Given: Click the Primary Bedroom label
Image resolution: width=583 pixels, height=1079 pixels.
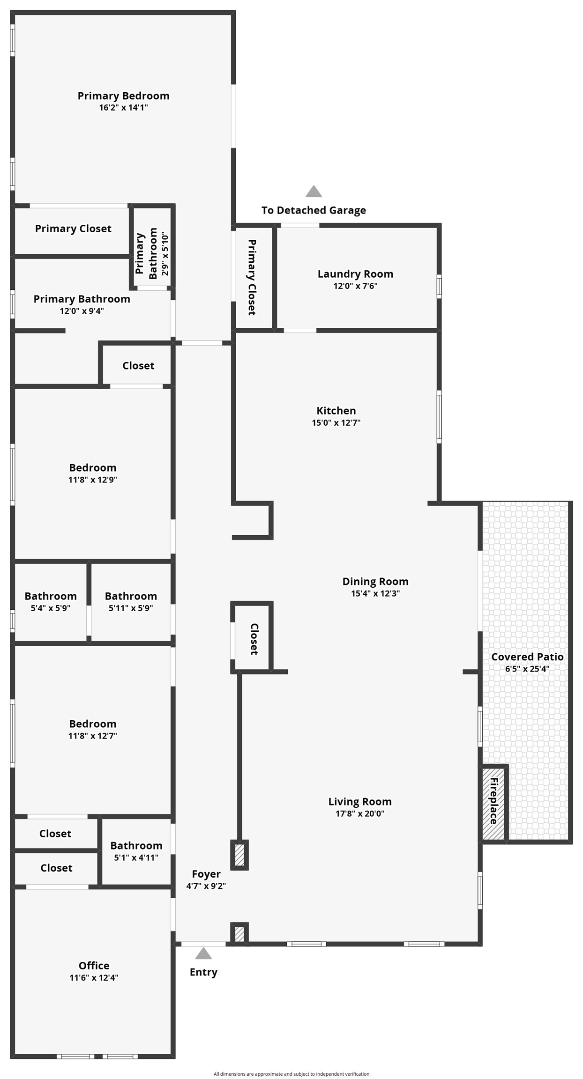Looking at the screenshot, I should (x=123, y=96).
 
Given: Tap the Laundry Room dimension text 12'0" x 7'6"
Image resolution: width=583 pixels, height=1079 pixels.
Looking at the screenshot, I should (x=355, y=286).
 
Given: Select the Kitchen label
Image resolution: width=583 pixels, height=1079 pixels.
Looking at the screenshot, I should (x=336, y=411).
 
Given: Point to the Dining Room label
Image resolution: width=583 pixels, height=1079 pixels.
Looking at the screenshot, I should (x=375, y=582).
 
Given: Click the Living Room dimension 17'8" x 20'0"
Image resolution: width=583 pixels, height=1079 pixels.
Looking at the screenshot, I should (x=360, y=813).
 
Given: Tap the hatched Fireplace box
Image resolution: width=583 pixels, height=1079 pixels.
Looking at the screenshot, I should (x=493, y=802).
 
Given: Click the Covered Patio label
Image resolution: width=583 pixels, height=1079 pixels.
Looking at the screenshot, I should (x=527, y=657).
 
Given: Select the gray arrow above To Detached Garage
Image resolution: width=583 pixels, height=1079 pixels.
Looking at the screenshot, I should (x=314, y=192).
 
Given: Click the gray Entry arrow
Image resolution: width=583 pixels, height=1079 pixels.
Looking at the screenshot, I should (x=203, y=953).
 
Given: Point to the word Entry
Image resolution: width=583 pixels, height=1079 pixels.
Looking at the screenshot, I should (x=203, y=972).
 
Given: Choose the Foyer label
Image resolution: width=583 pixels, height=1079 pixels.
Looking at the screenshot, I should (x=206, y=874).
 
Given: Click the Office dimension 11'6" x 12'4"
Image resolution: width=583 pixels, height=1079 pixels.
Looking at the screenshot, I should (x=94, y=977).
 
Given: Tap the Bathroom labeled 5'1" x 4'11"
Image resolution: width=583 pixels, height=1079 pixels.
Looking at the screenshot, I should (x=136, y=846).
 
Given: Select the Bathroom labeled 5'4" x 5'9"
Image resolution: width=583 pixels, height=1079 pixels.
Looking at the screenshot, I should (x=51, y=596).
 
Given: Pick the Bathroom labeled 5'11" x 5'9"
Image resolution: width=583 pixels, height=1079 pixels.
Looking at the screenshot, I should (x=131, y=596).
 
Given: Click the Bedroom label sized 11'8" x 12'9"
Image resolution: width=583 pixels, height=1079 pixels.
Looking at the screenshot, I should (x=93, y=468).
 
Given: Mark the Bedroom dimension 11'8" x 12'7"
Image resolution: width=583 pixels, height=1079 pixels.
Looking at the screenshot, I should (x=93, y=736).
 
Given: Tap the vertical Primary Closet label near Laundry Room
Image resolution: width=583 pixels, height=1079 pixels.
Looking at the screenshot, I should (x=252, y=277).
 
